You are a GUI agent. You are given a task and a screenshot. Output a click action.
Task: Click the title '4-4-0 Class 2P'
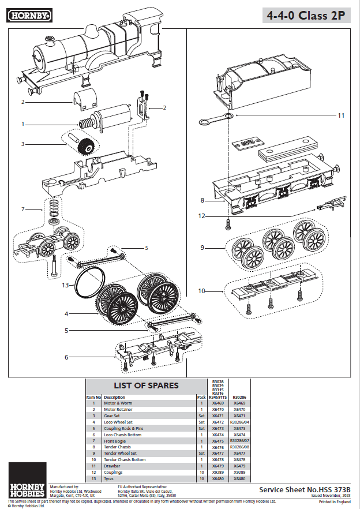[x=306, y=16]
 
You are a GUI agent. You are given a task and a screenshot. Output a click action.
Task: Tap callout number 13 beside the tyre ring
[x=65, y=285]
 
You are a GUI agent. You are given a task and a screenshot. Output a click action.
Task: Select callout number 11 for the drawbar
[x=341, y=115]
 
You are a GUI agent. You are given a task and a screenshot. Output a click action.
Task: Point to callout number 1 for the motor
[x=23, y=123]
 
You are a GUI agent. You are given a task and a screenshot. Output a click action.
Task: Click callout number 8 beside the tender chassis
[x=202, y=200]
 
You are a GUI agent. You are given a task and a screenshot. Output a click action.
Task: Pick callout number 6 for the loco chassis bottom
[x=66, y=357]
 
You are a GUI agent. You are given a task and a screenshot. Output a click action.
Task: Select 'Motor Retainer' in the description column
[x=118, y=409]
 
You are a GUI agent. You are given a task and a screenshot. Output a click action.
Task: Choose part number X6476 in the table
[x=217, y=447]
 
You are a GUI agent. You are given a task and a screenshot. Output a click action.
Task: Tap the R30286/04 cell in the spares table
[x=239, y=422]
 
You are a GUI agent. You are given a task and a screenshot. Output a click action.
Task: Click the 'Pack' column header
[x=201, y=397]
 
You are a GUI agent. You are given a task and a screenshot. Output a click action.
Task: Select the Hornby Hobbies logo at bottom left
[x=27, y=486]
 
